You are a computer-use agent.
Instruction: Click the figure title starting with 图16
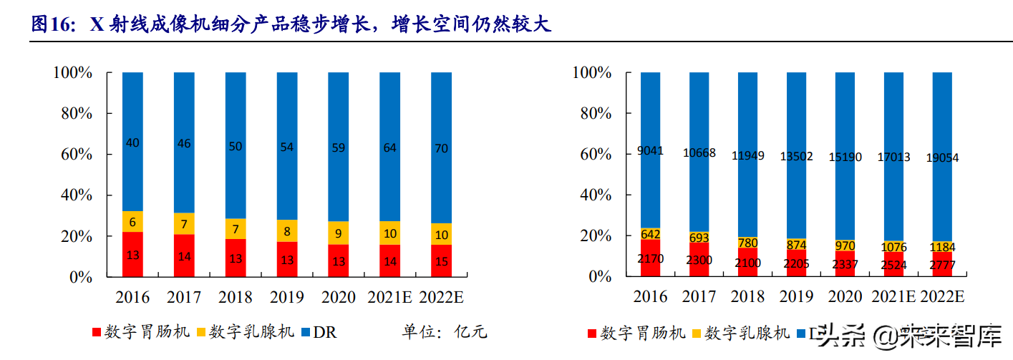pos(291,24)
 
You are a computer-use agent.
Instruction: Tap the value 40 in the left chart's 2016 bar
pos(132,143)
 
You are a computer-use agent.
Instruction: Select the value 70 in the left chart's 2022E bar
pos(441,149)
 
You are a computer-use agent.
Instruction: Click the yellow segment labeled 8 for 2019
pos(287,230)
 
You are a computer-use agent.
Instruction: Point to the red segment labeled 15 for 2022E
pos(441,261)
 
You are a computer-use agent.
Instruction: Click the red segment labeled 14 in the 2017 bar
pos(184,256)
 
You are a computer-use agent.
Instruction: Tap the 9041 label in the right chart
pos(651,150)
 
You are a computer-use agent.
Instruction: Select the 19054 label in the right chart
pos(942,157)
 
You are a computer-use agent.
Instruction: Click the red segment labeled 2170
pos(651,258)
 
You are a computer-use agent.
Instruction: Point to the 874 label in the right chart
pos(797,244)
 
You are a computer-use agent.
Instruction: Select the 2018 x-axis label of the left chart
pos(236,296)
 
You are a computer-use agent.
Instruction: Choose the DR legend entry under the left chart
pos(319,332)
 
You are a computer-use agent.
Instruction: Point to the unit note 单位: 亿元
pos(444,332)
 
